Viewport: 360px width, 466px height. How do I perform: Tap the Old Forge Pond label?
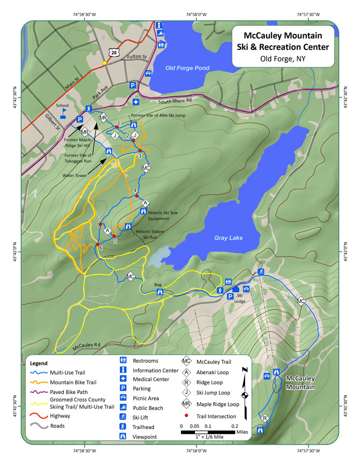(x=187, y=68)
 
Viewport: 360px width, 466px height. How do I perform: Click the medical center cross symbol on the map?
(x=136, y=102)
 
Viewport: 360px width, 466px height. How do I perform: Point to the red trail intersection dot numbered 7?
(x=100, y=224)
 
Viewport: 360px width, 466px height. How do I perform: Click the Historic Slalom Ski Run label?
(x=150, y=234)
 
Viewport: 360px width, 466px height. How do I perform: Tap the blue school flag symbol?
(x=63, y=114)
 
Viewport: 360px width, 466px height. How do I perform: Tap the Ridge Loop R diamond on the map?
(x=265, y=418)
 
